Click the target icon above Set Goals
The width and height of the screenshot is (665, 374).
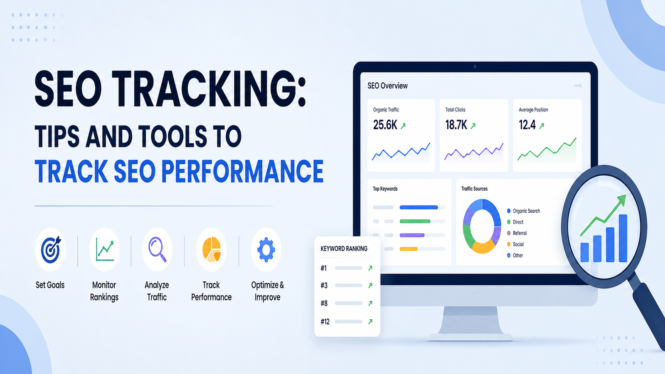(x=51, y=250)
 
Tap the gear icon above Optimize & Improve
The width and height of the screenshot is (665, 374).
(x=266, y=250)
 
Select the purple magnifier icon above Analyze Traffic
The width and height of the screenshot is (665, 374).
(x=158, y=249)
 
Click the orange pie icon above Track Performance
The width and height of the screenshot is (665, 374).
(x=212, y=250)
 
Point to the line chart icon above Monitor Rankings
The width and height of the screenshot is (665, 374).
(x=105, y=250)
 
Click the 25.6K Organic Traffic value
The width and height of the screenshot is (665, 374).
(x=385, y=125)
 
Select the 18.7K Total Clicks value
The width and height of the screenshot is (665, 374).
(x=456, y=125)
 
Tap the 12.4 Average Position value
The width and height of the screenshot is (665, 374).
(x=527, y=125)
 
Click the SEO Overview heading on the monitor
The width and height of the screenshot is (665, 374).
(x=387, y=86)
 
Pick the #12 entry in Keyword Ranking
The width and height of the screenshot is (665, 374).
(x=325, y=322)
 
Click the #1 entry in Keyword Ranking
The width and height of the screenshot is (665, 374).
(x=324, y=268)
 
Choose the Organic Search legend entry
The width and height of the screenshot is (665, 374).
(x=523, y=211)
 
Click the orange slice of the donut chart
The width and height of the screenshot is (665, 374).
(x=483, y=247)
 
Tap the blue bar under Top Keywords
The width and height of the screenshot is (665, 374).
(x=419, y=207)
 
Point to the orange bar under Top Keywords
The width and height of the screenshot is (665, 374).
(x=409, y=249)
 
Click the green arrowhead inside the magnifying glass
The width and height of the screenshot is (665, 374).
(x=621, y=200)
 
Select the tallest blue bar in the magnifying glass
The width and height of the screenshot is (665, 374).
(x=623, y=239)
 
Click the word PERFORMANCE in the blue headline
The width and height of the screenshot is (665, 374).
(x=242, y=172)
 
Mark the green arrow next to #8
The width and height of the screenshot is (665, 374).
(x=370, y=303)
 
